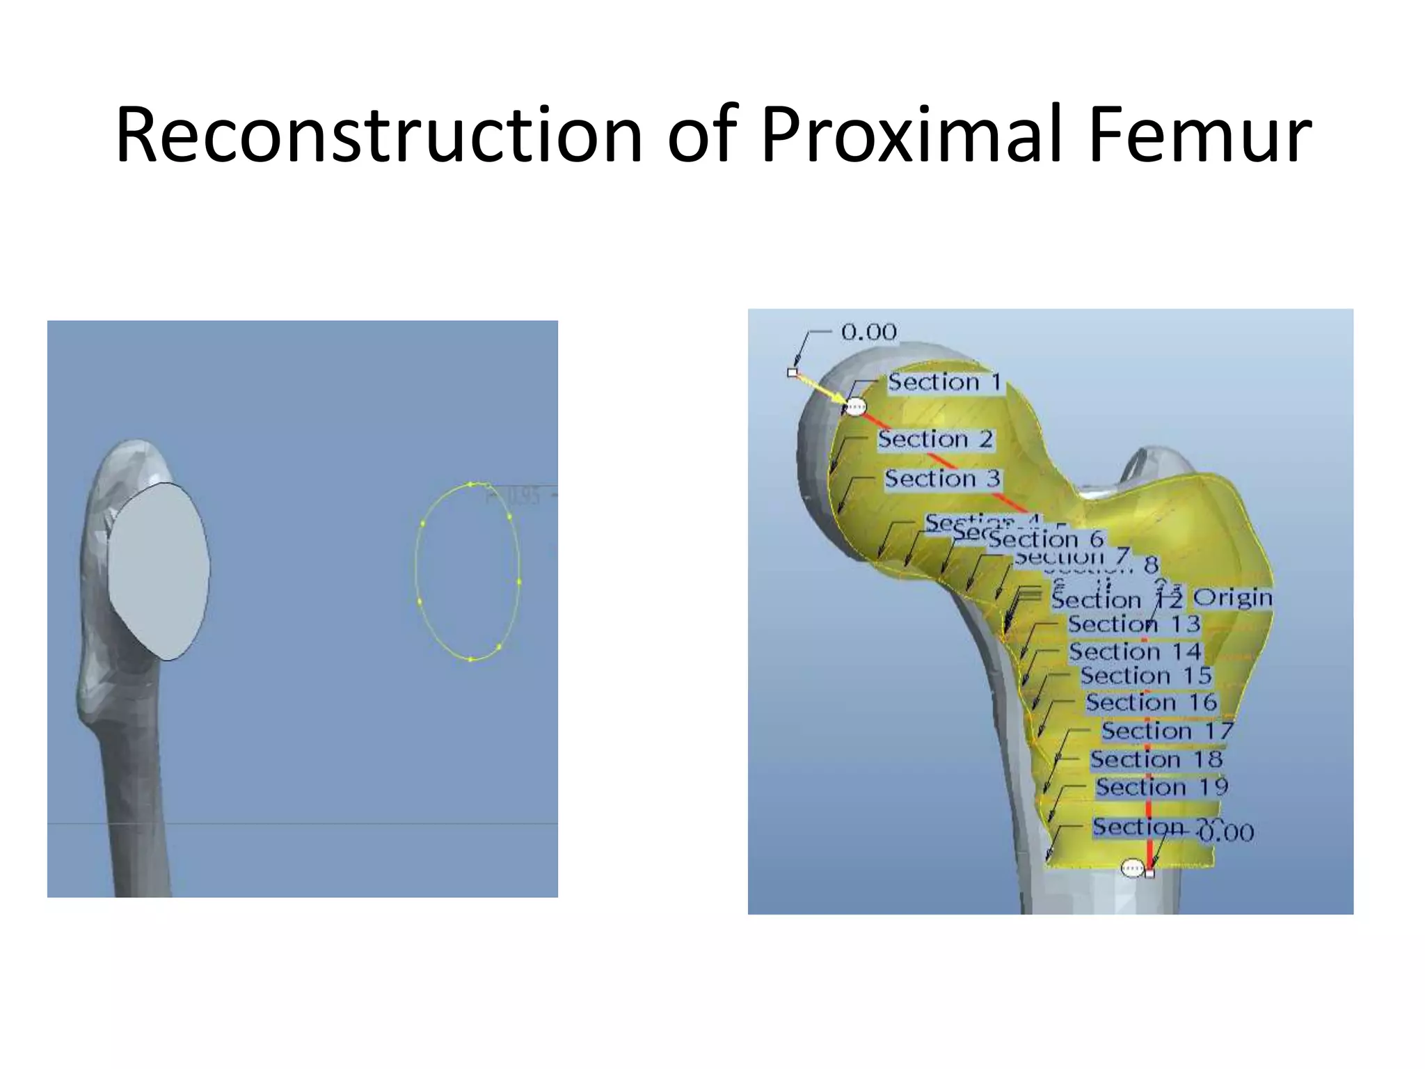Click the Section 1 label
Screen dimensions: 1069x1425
point(944,382)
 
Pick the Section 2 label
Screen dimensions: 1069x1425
point(934,439)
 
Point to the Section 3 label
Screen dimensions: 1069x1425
point(942,479)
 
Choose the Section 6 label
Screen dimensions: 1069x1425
point(1046,539)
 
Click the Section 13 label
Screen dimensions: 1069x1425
point(1134,624)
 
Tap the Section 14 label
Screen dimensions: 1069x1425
point(1135,651)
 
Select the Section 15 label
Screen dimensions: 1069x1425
point(1146,676)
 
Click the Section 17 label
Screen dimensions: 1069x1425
point(1167,731)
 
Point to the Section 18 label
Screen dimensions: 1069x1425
point(1156,759)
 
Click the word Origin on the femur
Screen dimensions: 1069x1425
point(1232,598)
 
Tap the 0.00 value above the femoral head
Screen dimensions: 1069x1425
point(868,332)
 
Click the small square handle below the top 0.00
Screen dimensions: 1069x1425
point(792,372)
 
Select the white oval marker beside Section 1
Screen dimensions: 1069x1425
point(856,406)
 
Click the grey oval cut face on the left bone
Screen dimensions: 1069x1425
point(159,571)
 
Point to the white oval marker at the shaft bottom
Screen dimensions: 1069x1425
point(1132,868)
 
